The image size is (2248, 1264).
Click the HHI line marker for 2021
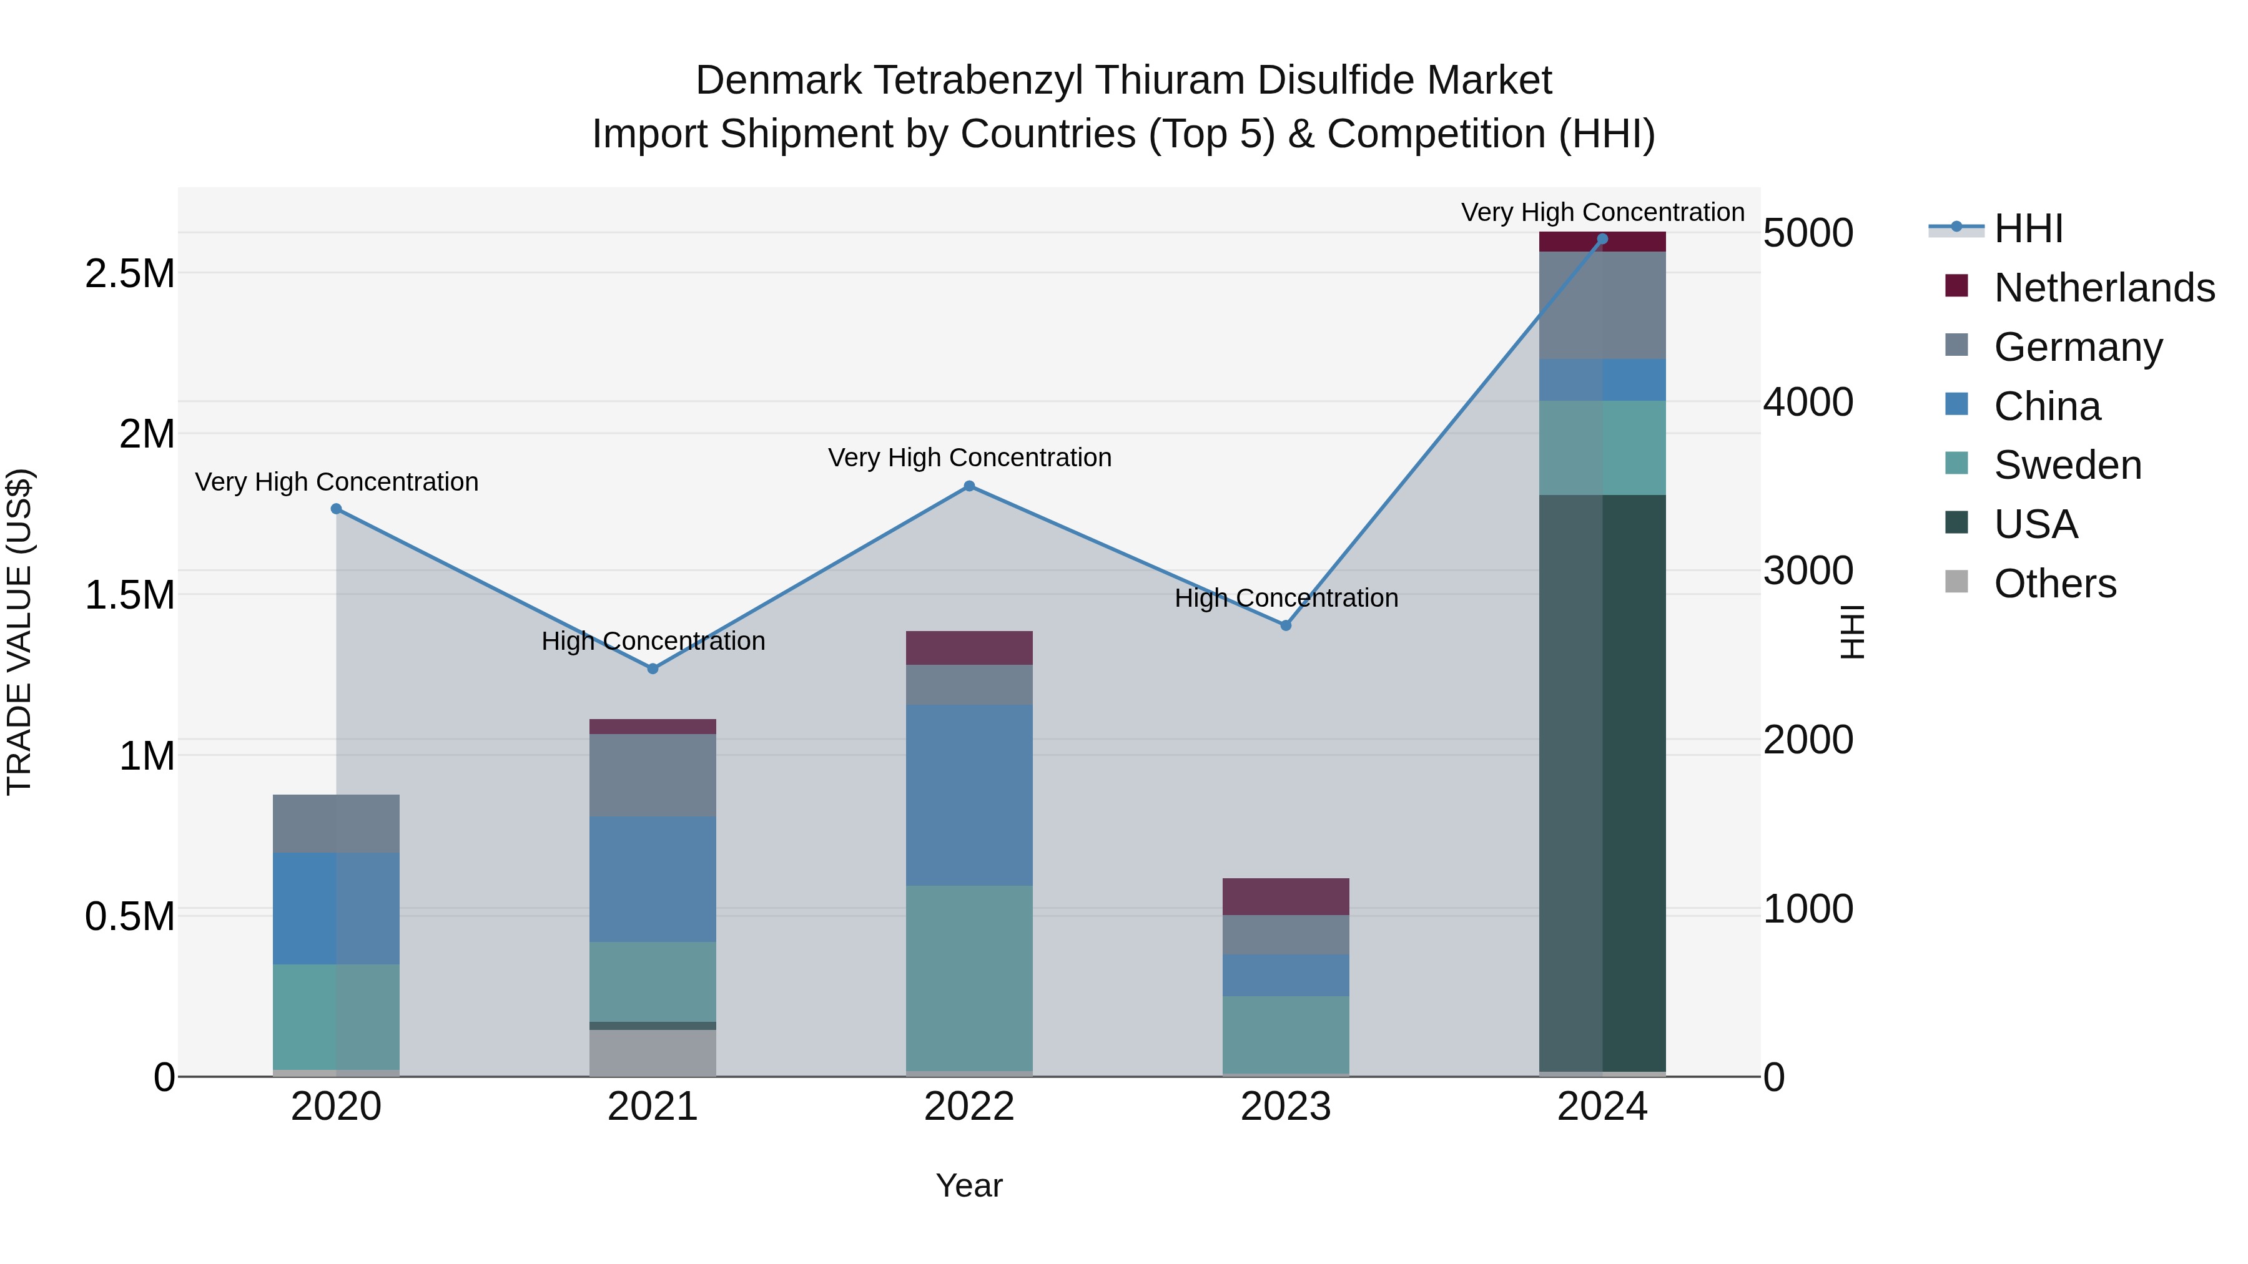(653, 668)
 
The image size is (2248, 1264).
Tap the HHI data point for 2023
(1286, 625)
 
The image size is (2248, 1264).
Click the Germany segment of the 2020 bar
(336, 823)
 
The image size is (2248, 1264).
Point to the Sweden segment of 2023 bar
(1286, 1034)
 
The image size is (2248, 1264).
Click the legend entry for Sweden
(2066, 465)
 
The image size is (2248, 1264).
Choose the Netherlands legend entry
(2103, 288)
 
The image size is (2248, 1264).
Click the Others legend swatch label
(2054, 584)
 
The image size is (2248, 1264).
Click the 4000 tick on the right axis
(1807, 402)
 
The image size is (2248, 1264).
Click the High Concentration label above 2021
(653, 641)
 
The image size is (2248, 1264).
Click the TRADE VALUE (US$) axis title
(19, 632)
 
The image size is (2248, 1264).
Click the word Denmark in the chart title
(779, 81)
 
